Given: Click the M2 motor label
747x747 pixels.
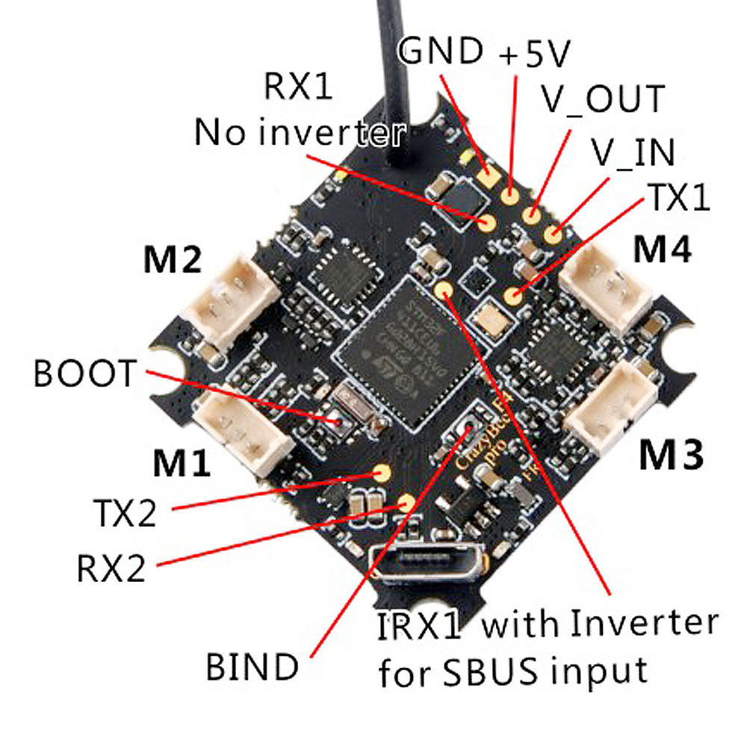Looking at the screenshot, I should pos(172,262).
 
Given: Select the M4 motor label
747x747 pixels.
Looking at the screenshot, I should pos(663,250).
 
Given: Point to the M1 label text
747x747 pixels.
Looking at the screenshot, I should pos(181,464).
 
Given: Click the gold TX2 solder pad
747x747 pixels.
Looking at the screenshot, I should pos(381,472).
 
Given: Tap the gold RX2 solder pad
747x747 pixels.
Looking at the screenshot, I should pos(407,501).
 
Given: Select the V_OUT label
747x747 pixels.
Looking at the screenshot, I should pos(602,99).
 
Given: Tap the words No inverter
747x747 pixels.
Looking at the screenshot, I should pos(300,134).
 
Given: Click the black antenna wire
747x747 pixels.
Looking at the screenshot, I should pos(394,75).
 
